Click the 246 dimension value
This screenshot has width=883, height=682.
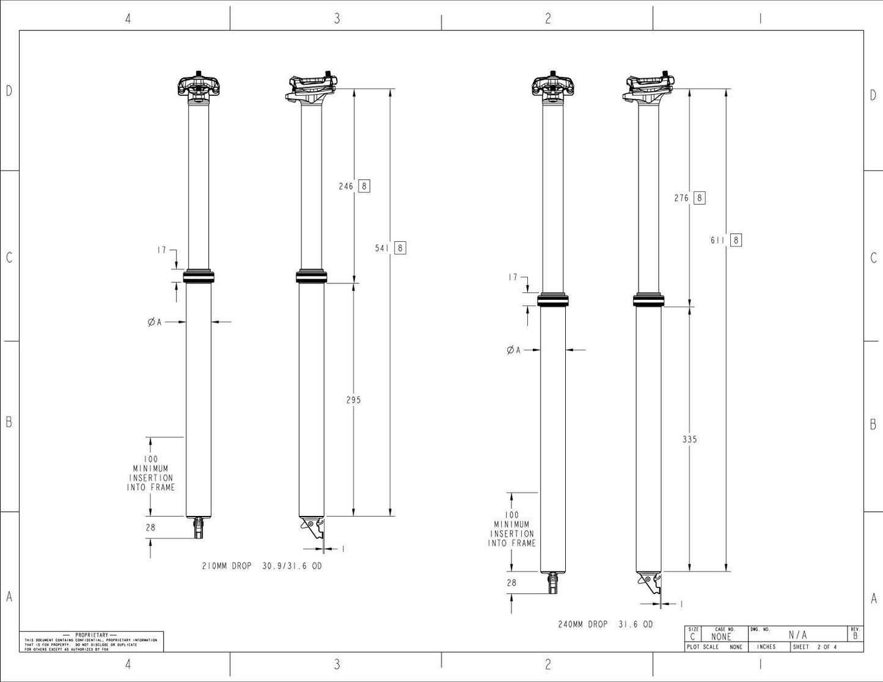coord(346,186)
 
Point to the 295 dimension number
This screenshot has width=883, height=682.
coord(353,400)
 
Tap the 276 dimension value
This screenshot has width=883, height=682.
coord(681,198)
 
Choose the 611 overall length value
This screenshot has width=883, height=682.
coord(717,240)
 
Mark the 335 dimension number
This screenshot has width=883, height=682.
coord(689,439)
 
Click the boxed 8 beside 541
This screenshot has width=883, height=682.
coord(400,248)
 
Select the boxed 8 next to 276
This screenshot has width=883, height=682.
coord(700,198)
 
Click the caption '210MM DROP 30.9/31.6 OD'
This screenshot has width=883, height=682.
coord(262,566)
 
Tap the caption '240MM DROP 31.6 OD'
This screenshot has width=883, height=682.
coord(605,624)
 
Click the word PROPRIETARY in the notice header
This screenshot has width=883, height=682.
coord(92,635)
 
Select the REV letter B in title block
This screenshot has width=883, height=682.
coord(855,636)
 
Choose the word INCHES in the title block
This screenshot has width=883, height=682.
coord(766,647)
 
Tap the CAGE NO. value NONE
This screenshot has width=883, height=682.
coord(721,637)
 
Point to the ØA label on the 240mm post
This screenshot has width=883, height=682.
coord(513,350)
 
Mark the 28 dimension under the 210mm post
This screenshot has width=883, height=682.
coord(150,528)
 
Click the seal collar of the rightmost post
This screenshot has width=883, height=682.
coord(648,300)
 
